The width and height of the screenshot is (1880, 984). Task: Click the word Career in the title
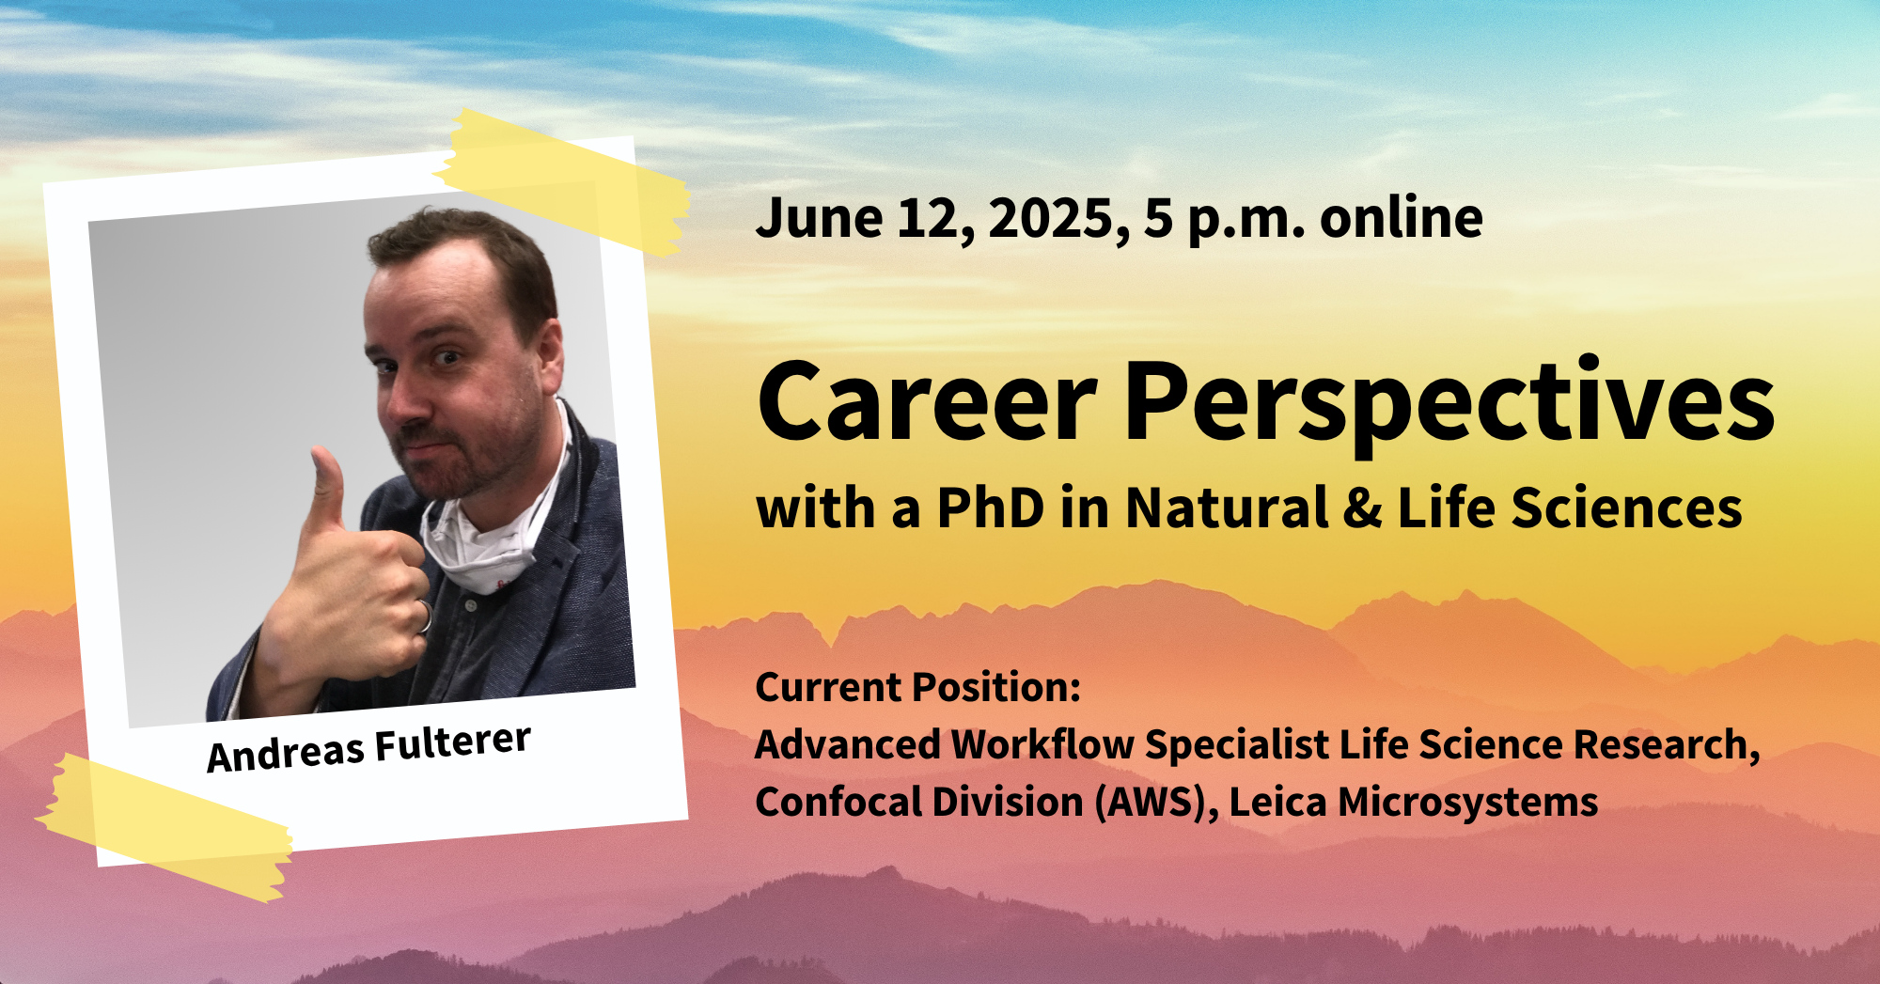click(x=928, y=401)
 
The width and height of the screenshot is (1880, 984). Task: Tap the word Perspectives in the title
click(x=1449, y=404)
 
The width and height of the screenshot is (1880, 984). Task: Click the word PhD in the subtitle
click(x=991, y=508)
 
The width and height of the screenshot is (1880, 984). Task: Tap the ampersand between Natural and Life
click(x=1362, y=508)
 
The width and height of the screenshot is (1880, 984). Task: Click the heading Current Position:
click(x=917, y=687)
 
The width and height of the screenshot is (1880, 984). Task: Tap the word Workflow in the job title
click(x=1042, y=744)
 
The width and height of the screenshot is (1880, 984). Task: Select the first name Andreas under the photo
click(x=286, y=754)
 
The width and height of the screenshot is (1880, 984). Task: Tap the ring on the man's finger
click(x=425, y=616)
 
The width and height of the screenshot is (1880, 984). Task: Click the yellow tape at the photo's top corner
click(x=563, y=182)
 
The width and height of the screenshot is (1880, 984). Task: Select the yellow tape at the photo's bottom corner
click(x=164, y=827)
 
